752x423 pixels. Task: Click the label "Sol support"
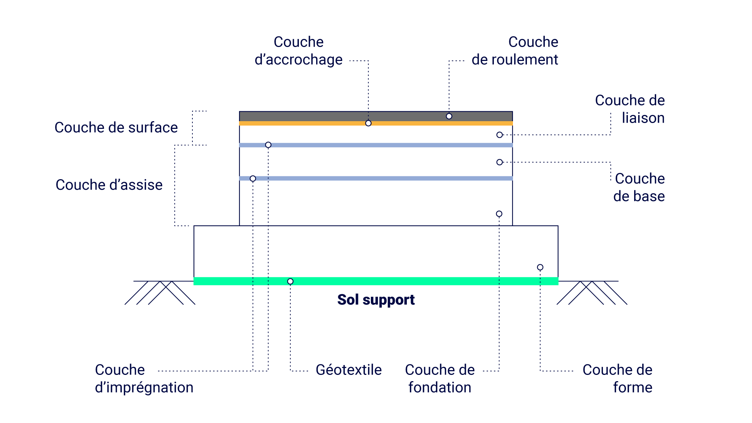pyautogui.click(x=376, y=300)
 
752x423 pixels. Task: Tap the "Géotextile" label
pyautogui.click(x=348, y=370)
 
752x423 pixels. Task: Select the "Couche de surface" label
pyautogui.click(x=116, y=127)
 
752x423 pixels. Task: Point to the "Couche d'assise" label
pyautogui.click(x=109, y=185)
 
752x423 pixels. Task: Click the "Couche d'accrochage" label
pyautogui.click(x=299, y=51)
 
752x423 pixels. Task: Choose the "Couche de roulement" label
pyautogui.click(x=515, y=51)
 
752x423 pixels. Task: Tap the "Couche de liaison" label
pyautogui.click(x=630, y=109)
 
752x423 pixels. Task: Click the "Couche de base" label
pyautogui.click(x=639, y=187)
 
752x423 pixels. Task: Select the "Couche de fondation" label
pyautogui.click(x=440, y=379)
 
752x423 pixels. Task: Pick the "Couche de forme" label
pyautogui.click(x=618, y=379)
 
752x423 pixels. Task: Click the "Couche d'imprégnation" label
pyautogui.click(x=144, y=379)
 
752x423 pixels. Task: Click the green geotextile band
pyautogui.click(x=376, y=281)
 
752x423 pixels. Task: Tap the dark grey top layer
pyautogui.click(x=376, y=116)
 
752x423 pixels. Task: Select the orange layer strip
pyautogui.click(x=376, y=123)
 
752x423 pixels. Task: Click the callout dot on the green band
pyautogui.click(x=290, y=282)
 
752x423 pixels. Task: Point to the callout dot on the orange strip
pyautogui.click(x=368, y=123)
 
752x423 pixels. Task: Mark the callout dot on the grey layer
pyautogui.click(x=449, y=116)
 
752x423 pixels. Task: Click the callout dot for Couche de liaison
pyautogui.click(x=499, y=135)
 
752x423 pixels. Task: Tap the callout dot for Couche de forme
pyautogui.click(x=540, y=267)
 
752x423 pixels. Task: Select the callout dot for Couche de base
pyautogui.click(x=499, y=162)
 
